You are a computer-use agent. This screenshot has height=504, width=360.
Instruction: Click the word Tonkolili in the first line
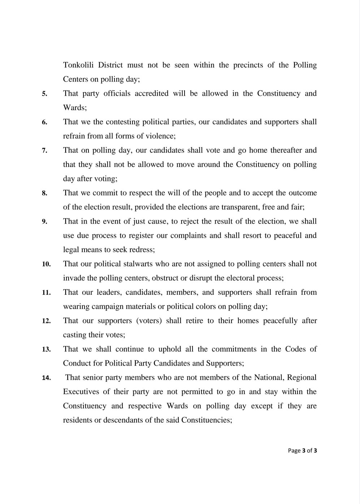[x=78, y=65]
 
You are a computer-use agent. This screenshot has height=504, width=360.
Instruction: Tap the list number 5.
[x=44, y=94]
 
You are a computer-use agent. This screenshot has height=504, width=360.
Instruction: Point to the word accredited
[x=152, y=93]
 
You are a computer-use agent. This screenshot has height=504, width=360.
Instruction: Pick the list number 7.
[x=44, y=151]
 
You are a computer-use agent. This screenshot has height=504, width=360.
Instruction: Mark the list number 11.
[x=46, y=293]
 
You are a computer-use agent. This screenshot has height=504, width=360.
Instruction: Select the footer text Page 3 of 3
[x=302, y=451]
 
